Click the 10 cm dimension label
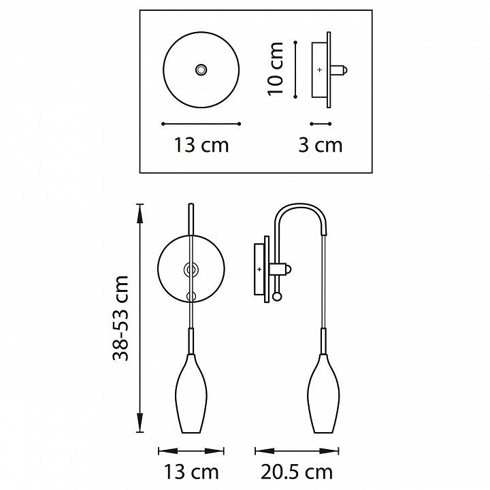(276, 69)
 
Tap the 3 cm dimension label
(321, 146)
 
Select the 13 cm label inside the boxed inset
(201, 146)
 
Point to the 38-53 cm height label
(120, 318)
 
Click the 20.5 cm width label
(297, 472)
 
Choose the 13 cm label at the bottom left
(191, 472)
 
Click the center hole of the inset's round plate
(201, 69)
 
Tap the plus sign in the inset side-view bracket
(319, 69)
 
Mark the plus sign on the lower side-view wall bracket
(259, 269)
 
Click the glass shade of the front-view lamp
(191, 393)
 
